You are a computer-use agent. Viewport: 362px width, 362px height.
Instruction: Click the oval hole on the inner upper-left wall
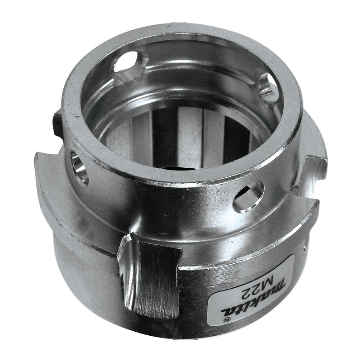pyautogui.click(x=131, y=63)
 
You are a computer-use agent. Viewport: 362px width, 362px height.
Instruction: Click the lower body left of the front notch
pyautogui.click(x=86, y=271)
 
